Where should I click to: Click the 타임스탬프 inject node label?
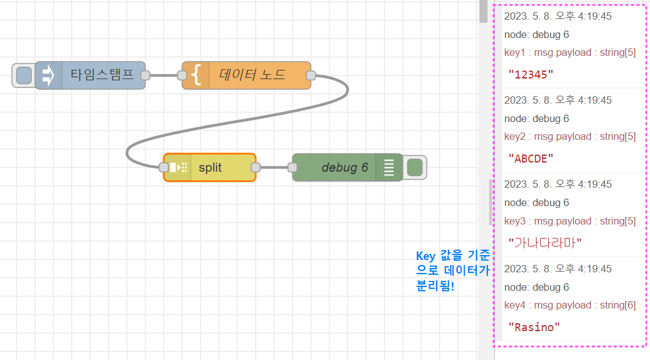(102, 75)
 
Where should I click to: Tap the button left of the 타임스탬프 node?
(23, 75)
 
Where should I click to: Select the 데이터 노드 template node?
(252, 75)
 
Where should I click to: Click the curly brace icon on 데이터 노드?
(196, 75)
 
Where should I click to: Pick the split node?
(210, 167)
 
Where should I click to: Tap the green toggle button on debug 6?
(415, 167)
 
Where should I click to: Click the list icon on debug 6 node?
(389, 167)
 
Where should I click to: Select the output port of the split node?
(256, 167)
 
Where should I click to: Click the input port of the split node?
(164, 167)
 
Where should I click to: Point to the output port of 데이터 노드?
(311, 75)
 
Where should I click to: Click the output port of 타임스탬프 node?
(145, 75)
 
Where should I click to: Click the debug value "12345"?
(531, 74)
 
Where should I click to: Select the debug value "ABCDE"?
(531, 158)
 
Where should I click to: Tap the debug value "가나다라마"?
(545, 242)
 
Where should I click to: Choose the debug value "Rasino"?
(534, 327)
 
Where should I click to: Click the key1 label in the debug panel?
(516, 52)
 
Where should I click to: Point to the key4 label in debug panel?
(516, 305)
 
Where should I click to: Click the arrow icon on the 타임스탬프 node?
(48, 75)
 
